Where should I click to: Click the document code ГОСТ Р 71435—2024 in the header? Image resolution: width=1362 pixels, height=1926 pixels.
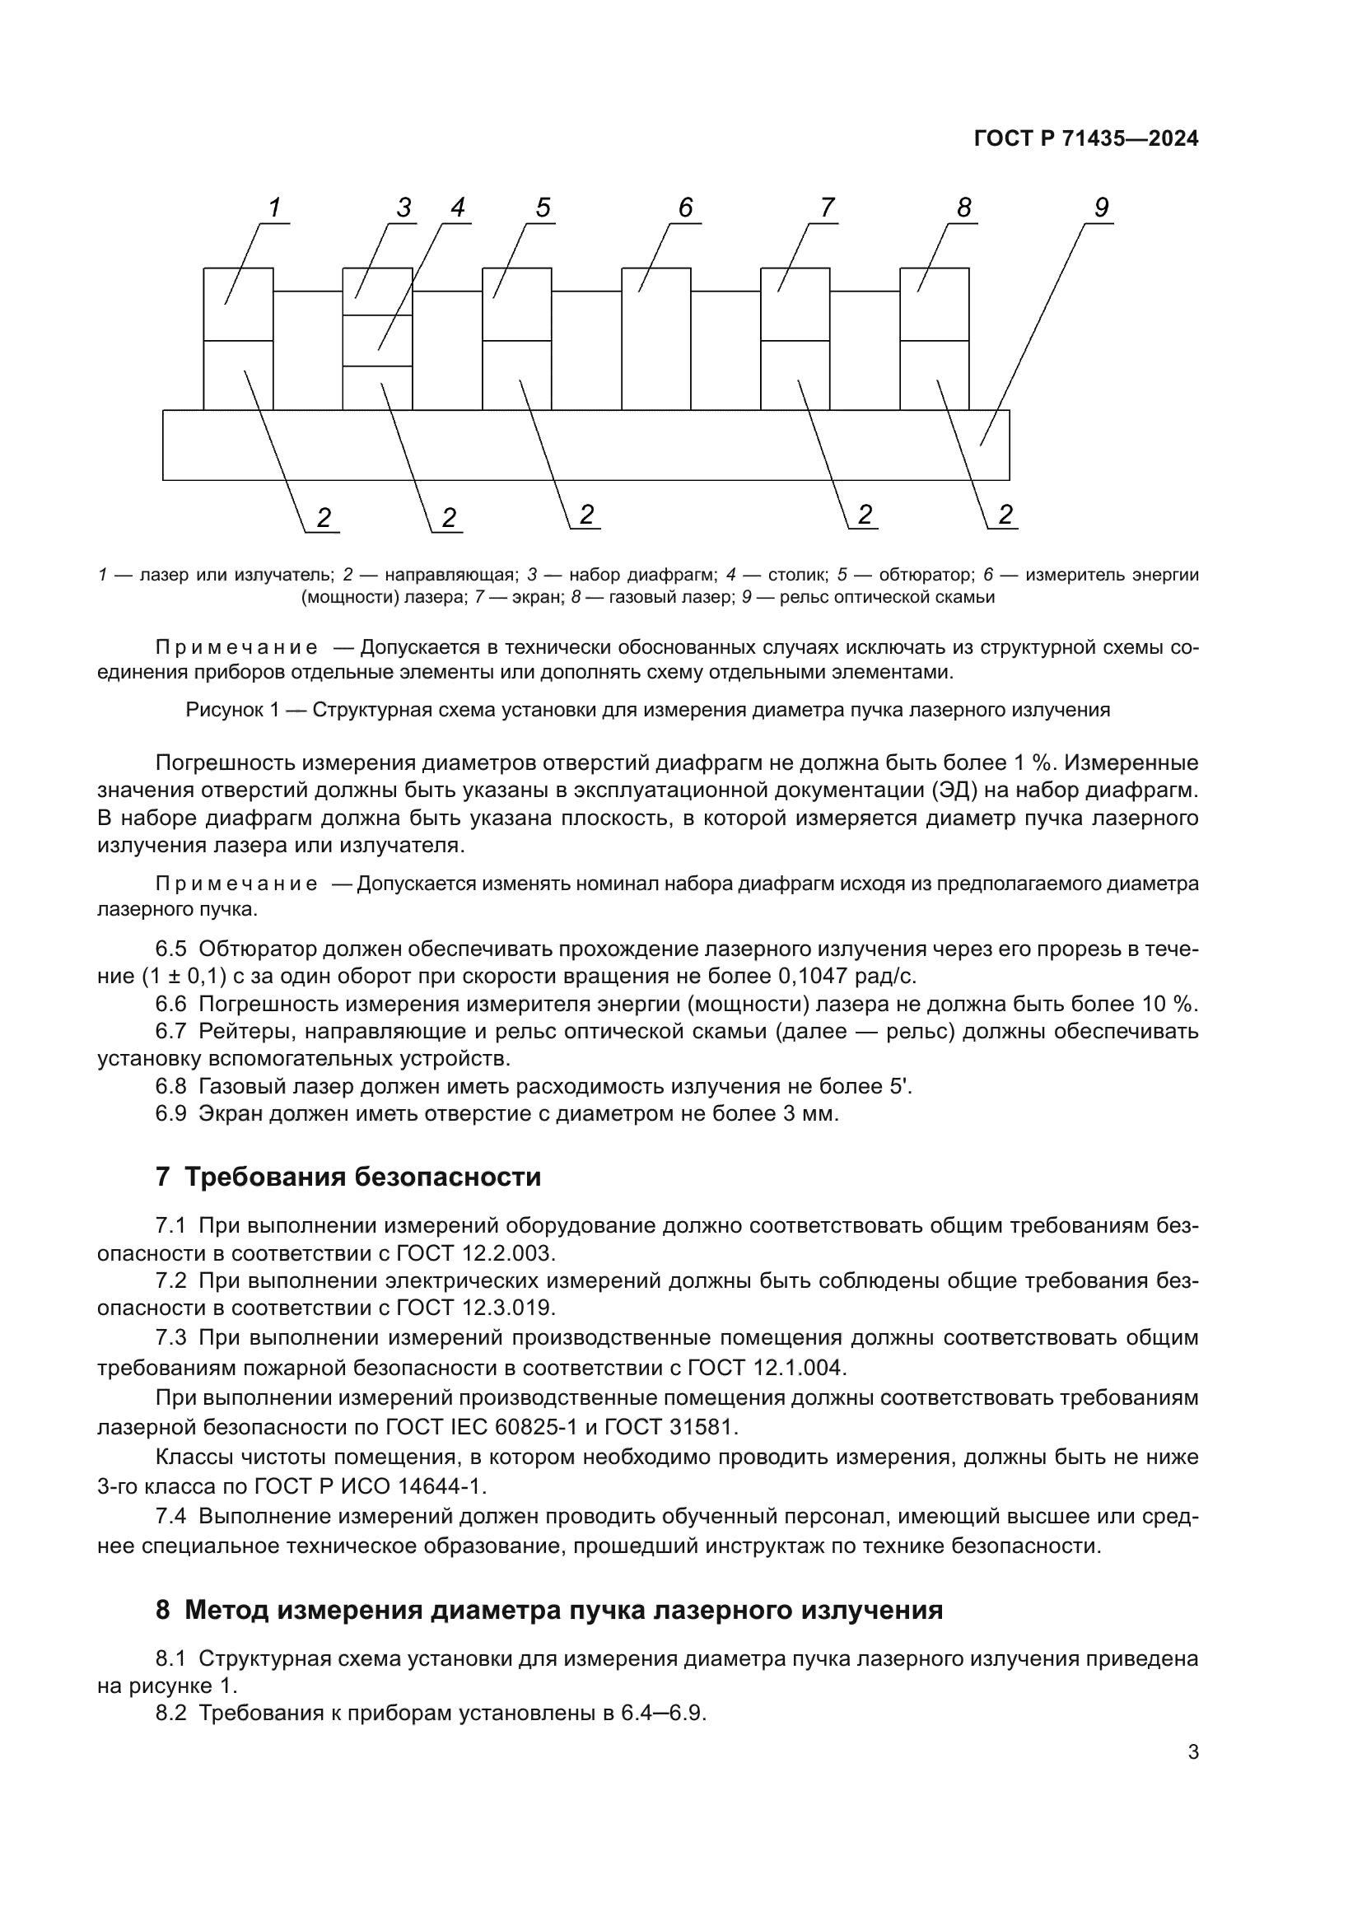(x=1086, y=139)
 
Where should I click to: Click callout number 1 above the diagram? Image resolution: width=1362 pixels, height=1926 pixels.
(x=273, y=208)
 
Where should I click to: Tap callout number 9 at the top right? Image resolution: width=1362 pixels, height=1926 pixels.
(x=1101, y=208)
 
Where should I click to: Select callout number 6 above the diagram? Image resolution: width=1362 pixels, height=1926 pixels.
(x=685, y=208)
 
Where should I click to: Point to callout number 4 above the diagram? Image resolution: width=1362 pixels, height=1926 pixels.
(x=457, y=208)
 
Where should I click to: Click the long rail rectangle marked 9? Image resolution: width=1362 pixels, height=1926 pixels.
(x=585, y=445)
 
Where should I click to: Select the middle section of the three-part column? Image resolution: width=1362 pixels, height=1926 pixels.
(x=377, y=341)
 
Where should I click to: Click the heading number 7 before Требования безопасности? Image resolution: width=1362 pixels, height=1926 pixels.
(x=163, y=1177)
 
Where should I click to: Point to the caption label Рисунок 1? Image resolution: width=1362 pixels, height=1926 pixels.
(x=231, y=710)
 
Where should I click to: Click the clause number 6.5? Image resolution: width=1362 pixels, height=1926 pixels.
(x=171, y=949)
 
